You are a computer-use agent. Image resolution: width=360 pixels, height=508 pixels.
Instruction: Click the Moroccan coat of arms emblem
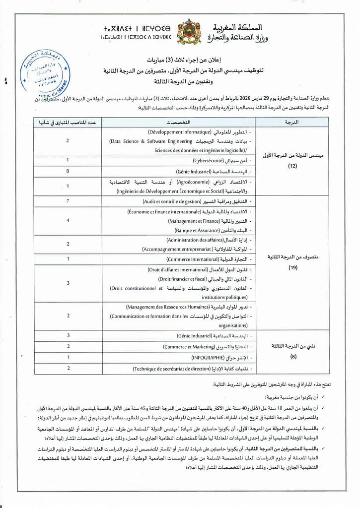pyautogui.click(x=189, y=31)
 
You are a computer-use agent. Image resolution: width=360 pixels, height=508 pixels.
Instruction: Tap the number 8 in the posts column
pyautogui.click(x=68, y=171)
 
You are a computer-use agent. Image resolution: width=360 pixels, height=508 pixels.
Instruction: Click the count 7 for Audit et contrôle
pyautogui.click(x=68, y=202)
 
